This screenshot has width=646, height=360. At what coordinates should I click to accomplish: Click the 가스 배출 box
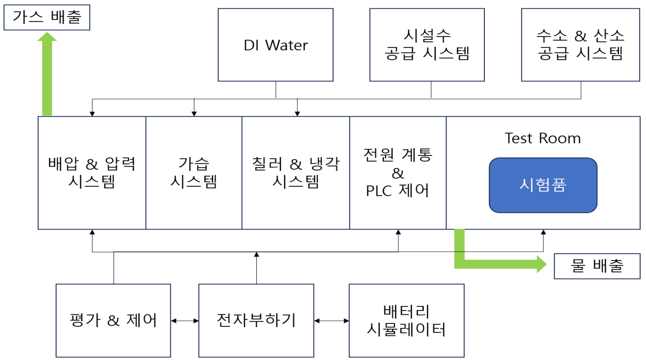(x=47, y=17)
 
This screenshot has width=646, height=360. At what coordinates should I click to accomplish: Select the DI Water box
(x=275, y=45)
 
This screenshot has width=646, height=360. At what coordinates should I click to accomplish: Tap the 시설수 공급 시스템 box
(x=427, y=45)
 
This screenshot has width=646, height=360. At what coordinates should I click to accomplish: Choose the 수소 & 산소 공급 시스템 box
(x=580, y=45)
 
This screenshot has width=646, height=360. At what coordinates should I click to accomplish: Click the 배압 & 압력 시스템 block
(x=92, y=173)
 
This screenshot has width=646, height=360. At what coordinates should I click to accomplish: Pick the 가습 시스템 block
(x=194, y=173)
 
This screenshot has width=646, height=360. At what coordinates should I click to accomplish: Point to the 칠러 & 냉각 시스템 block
(x=295, y=173)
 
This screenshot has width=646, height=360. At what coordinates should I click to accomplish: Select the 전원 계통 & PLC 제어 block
(x=398, y=173)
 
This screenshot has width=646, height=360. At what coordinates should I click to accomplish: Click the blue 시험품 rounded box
(x=543, y=185)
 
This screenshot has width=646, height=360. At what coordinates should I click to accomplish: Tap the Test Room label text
(x=543, y=138)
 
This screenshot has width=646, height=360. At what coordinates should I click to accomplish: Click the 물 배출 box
(x=597, y=266)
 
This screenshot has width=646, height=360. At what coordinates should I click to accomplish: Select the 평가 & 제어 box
(x=113, y=321)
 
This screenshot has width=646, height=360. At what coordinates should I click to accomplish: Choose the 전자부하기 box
(x=256, y=321)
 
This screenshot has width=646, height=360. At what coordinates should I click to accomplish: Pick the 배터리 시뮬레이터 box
(x=406, y=321)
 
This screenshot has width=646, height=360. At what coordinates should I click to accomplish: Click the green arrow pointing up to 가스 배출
(x=47, y=75)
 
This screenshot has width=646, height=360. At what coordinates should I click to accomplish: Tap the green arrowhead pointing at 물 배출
(x=542, y=264)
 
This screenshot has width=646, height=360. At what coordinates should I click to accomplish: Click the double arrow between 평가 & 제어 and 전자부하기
(x=185, y=321)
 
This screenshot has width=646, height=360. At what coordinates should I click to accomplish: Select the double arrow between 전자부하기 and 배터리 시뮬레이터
(x=332, y=321)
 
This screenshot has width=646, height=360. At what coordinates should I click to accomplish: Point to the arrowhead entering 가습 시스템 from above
(x=194, y=113)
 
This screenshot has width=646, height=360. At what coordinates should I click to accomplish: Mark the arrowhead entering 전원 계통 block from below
(x=398, y=232)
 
